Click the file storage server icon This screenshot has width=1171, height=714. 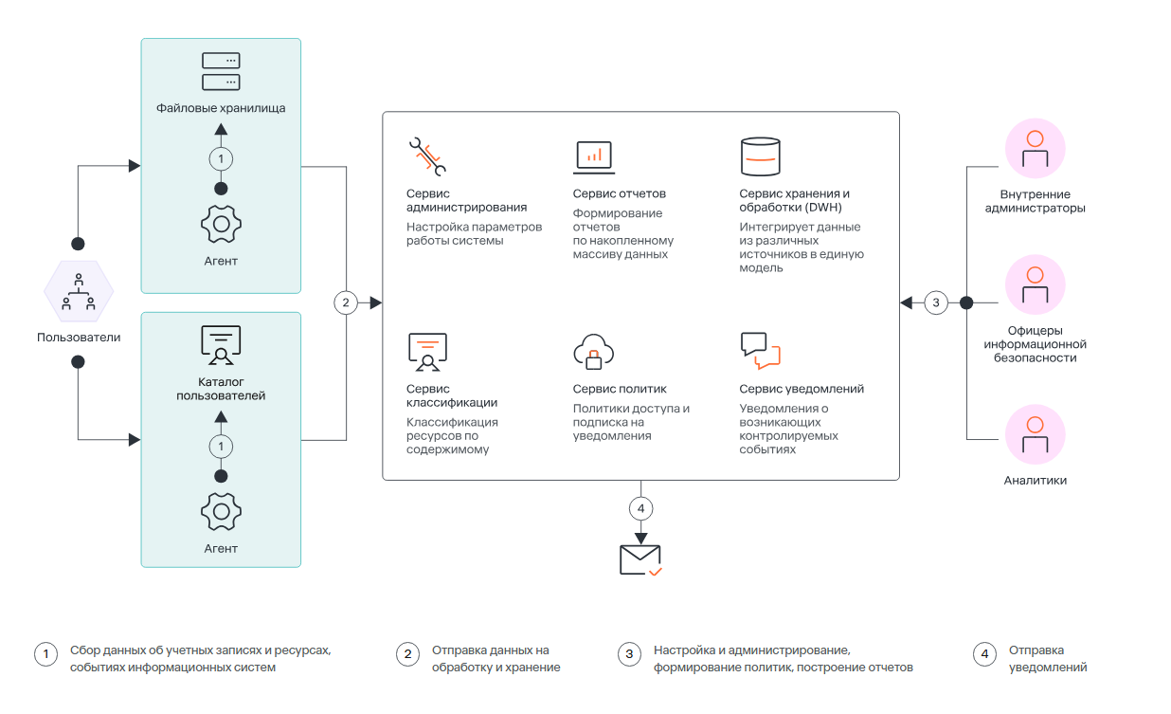pyautogui.click(x=221, y=71)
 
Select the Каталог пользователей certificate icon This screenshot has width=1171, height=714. pyautogui.click(x=221, y=345)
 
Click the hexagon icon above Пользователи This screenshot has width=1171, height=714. pyautogui.click(x=79, y=291)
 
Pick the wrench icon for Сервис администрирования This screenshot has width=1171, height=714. pyautogui.click(x=427, y=156)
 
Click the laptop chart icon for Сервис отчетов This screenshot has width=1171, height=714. pyautogui.click(x=593, y=156)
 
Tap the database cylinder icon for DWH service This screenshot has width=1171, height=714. pyautogui.click(x=760, y=156)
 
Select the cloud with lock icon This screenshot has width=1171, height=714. pyautogui.click(x=593, y=352)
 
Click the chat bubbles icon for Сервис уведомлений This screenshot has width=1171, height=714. pyautogui.click(x=760, y=351)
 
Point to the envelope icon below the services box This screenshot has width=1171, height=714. pyautogui.click(x=640, y=559)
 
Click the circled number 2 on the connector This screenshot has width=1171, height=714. pyautogui.click(x=346, y=302)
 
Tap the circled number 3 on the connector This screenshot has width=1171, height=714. pyautogui.click(x=936, y=302)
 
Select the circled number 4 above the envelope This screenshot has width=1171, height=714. pyautogui.click(x=640, y=508)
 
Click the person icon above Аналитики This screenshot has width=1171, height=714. pyautogui.click(x=1036, y=434)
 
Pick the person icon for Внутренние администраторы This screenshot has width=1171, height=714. pyautogui.click(x=1036, y=149)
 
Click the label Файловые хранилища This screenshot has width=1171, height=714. pyautogui.click(x=221, y=108)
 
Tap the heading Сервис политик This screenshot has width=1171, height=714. pyautogui.click(x=620, y=389)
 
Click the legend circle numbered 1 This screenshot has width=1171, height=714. pyautogui.click(x=46, y=654)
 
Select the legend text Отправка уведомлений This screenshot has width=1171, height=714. pyautogui.click(x=1048, y=659)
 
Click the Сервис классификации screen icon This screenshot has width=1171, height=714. pyautogui.click(x=427, y=352)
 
